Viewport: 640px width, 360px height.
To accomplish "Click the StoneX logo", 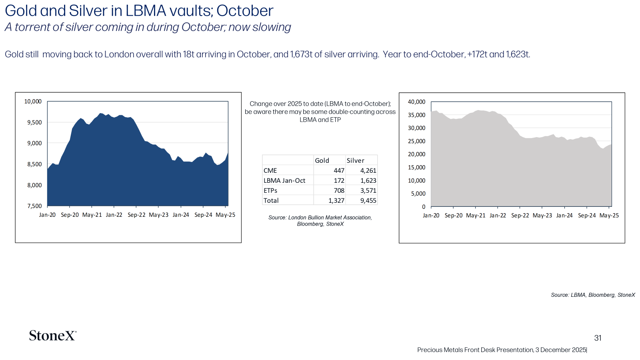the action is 53,336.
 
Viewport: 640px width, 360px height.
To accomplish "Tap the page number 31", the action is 598,338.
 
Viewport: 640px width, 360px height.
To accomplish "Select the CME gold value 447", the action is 339,170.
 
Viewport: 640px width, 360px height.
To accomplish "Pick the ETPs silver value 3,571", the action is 368,190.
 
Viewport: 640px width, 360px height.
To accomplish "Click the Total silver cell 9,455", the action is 368,200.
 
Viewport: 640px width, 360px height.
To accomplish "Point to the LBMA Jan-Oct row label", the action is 284,180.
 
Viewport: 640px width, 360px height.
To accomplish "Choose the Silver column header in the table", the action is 356,160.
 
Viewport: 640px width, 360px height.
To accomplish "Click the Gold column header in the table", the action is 322,160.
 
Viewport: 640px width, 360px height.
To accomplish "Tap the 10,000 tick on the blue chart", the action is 33,102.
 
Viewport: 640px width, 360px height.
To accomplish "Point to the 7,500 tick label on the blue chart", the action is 34,206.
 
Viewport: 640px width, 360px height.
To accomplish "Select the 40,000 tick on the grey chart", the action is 416,102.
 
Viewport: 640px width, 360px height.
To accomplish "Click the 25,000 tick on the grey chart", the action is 416,141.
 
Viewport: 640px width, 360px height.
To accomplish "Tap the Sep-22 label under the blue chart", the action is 136,215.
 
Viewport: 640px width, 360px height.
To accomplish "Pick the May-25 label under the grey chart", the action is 609,216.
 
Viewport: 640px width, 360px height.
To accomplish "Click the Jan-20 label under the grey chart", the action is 431,216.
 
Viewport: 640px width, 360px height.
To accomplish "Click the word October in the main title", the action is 245,11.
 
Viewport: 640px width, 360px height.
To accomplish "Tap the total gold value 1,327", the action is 336,200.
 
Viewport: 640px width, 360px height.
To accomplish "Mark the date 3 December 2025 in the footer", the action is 560,350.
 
